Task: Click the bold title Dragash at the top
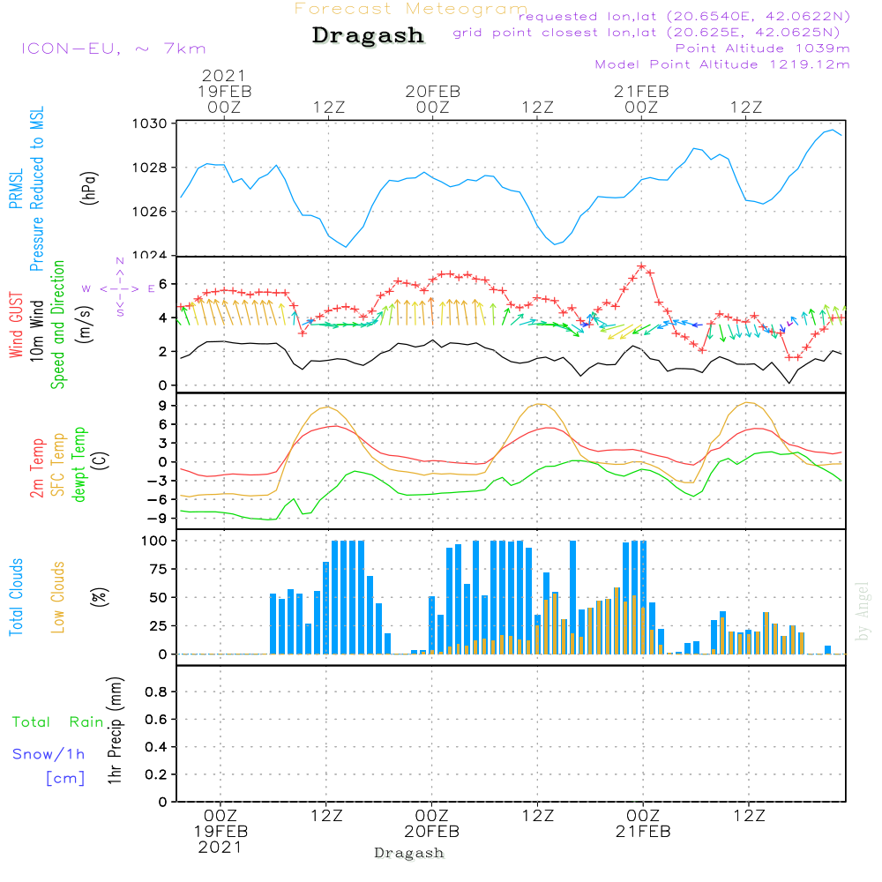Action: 368,36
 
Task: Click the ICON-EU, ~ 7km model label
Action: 113,49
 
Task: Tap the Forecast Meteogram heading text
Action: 410,9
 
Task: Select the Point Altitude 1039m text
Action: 762,48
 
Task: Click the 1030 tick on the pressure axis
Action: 152,123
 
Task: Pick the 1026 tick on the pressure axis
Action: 152,212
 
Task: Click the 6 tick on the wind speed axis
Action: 162,284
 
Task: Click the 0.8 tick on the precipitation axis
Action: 155,692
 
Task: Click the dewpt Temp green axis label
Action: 79,465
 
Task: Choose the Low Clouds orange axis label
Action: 59,597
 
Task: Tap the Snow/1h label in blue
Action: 49,754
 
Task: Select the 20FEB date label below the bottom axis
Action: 432,831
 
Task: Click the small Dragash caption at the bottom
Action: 408,854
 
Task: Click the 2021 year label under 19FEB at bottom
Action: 220,848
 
